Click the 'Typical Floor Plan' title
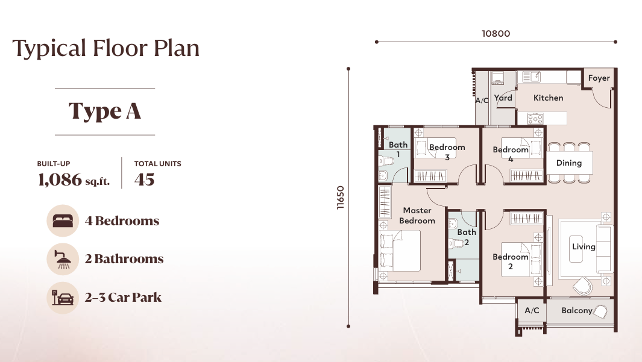[106, 48]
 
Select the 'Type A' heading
[105, 111]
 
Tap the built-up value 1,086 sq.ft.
[74, 179]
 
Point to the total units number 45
[144, 179]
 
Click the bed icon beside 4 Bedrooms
[63, 220]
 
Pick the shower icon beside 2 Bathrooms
[63, 259]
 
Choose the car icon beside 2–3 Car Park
[63, 297]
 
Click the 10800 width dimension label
[496, 34]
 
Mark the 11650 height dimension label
[341, 197]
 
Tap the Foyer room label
[599, 78]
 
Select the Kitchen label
[548, 98]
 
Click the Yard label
[503, 98]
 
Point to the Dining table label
[568, 163]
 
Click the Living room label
[584, 246]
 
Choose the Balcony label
[576, 311]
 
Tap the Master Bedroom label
[417, 216]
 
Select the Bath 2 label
[467, 237]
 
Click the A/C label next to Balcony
[532, 311]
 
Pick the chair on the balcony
[600, 311]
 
